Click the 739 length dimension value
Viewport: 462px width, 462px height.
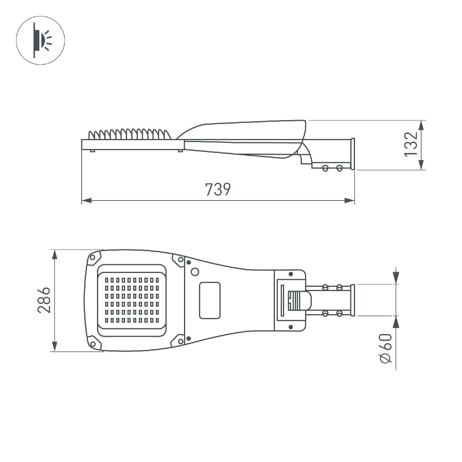click(218, 189)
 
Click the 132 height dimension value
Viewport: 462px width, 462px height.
click(411, 144)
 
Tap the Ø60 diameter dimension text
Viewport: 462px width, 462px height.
click(386, 348)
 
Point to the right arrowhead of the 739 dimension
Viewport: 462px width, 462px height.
click(349, 200)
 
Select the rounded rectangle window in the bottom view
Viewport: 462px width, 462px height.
click(210, 300)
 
